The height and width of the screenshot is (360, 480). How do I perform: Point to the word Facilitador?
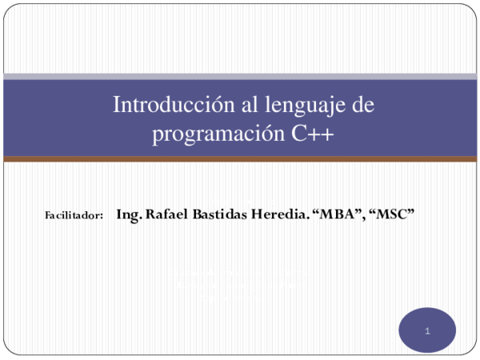click(70, 216)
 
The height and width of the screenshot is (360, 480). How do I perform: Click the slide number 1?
click(428, 330)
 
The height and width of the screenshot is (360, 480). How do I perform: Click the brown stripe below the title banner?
click(240, 159)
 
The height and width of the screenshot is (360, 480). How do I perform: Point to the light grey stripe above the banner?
click(240, 77)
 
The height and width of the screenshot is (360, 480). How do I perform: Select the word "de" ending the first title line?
click(364, 105)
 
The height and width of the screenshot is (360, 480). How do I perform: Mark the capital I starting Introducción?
click(117, 105)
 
